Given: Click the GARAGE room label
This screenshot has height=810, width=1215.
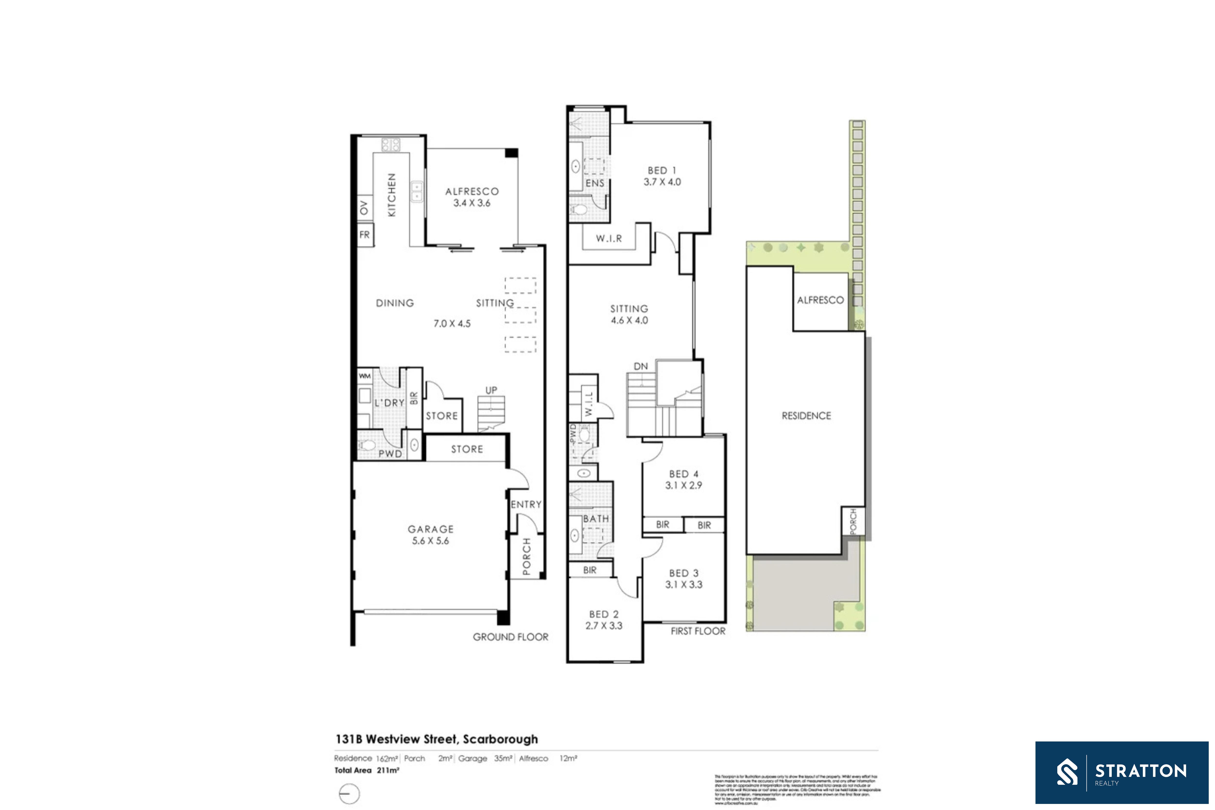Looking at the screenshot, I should pos(430,529).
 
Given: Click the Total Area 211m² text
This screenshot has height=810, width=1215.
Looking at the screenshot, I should pos(367,770).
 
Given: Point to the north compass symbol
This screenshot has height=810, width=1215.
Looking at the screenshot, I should pos(349,793).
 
